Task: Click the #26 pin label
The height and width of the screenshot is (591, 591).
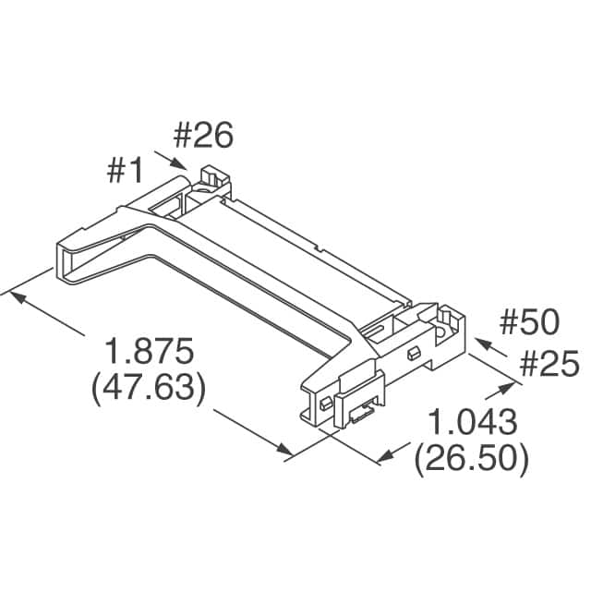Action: (x=203, y=136)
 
